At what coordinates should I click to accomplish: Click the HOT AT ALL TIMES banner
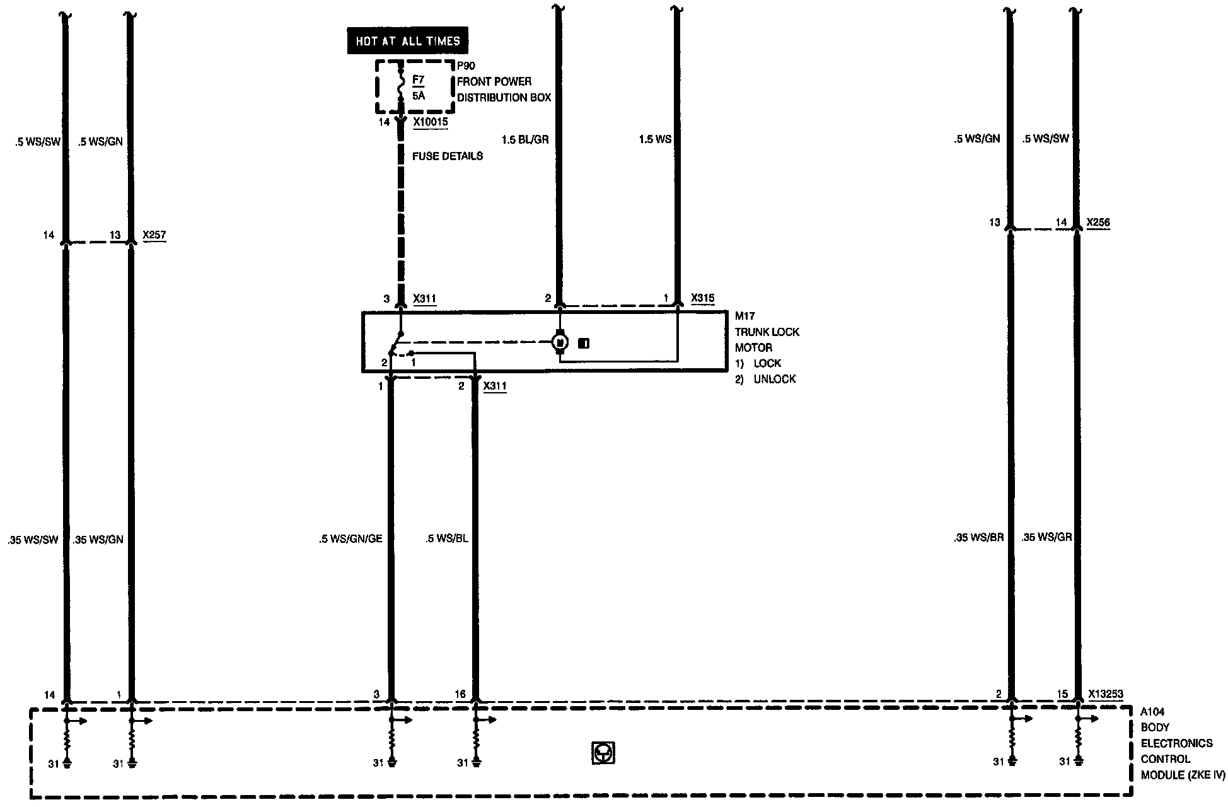click(408, 41)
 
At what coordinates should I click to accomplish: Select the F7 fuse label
click(419, 80)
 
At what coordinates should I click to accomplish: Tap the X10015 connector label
click(431, 122)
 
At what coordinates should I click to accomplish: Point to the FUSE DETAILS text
click(448, 156)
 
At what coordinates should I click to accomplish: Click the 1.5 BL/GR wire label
click(525, 139)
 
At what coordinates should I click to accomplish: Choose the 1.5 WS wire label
click(655, 139)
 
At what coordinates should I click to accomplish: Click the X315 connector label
click(703, 298)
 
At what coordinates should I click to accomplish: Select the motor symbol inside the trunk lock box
click(560, 342)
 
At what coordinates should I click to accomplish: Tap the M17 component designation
click(744, 316)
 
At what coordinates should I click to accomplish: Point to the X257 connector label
click(154, 236)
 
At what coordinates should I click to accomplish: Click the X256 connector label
click(1098, 223)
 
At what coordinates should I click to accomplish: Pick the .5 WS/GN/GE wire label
click(350, 539)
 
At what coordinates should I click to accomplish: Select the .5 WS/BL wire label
click(447, 539)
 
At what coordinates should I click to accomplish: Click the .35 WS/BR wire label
click(978, 538)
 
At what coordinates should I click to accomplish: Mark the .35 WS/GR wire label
click(1046, 538)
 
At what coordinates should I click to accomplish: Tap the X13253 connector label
click(1106, 694)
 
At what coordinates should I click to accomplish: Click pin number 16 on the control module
click(460, 694)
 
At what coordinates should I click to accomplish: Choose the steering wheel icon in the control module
click(603, 753)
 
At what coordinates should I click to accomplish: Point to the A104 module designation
click(1152, 712)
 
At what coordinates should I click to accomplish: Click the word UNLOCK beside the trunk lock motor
click(774, 379)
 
